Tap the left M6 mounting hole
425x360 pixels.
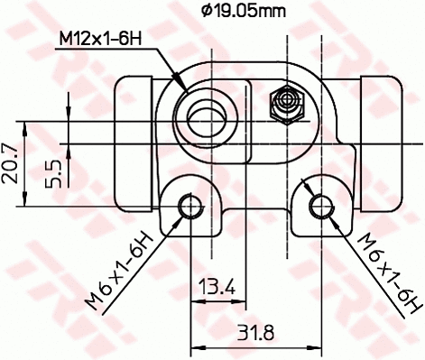tap(190, 207)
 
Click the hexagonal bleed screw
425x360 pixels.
tap(286, 103)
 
